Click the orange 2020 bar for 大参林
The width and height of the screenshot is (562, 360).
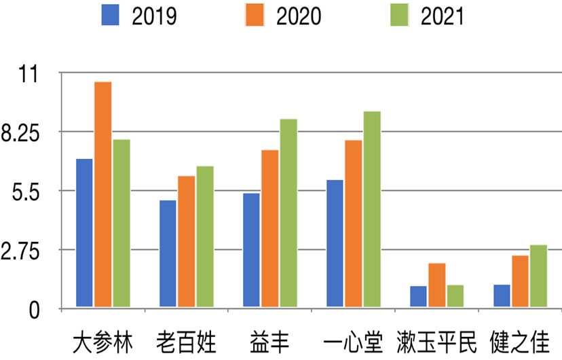pos(103,194)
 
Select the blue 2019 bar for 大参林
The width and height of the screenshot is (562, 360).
pos(84,233)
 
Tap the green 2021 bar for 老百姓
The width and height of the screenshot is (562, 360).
pos(205,237)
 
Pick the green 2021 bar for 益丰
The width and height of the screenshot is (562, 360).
pos(288,213)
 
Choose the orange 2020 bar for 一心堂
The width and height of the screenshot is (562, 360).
pos(353,224)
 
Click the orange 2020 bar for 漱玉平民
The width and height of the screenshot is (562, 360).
pos(437,285)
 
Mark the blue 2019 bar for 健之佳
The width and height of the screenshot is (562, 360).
pos(502,296)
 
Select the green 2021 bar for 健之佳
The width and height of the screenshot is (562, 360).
pos(539,276)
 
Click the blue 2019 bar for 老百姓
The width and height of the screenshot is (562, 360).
pos(168,254)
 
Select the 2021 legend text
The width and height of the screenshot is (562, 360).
pos(443,16)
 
